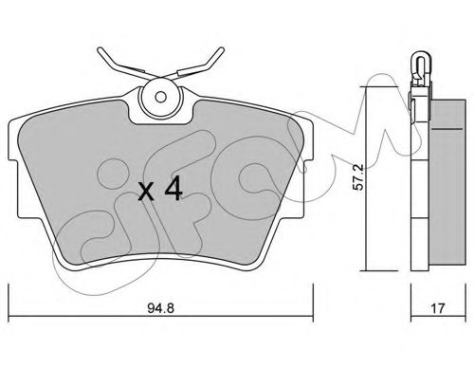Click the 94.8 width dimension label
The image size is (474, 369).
(160, 308)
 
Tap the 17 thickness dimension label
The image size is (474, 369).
(438, 308)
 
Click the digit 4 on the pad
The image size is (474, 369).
(173, 188)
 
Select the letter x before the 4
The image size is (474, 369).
(146, 193)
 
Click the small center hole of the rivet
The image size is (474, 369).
(161, 97)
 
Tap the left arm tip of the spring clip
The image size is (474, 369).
(100, 50)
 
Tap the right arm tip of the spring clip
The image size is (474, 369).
(222, 50)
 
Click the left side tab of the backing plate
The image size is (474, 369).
(13, 190)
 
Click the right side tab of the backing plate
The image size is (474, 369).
(308, 190)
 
